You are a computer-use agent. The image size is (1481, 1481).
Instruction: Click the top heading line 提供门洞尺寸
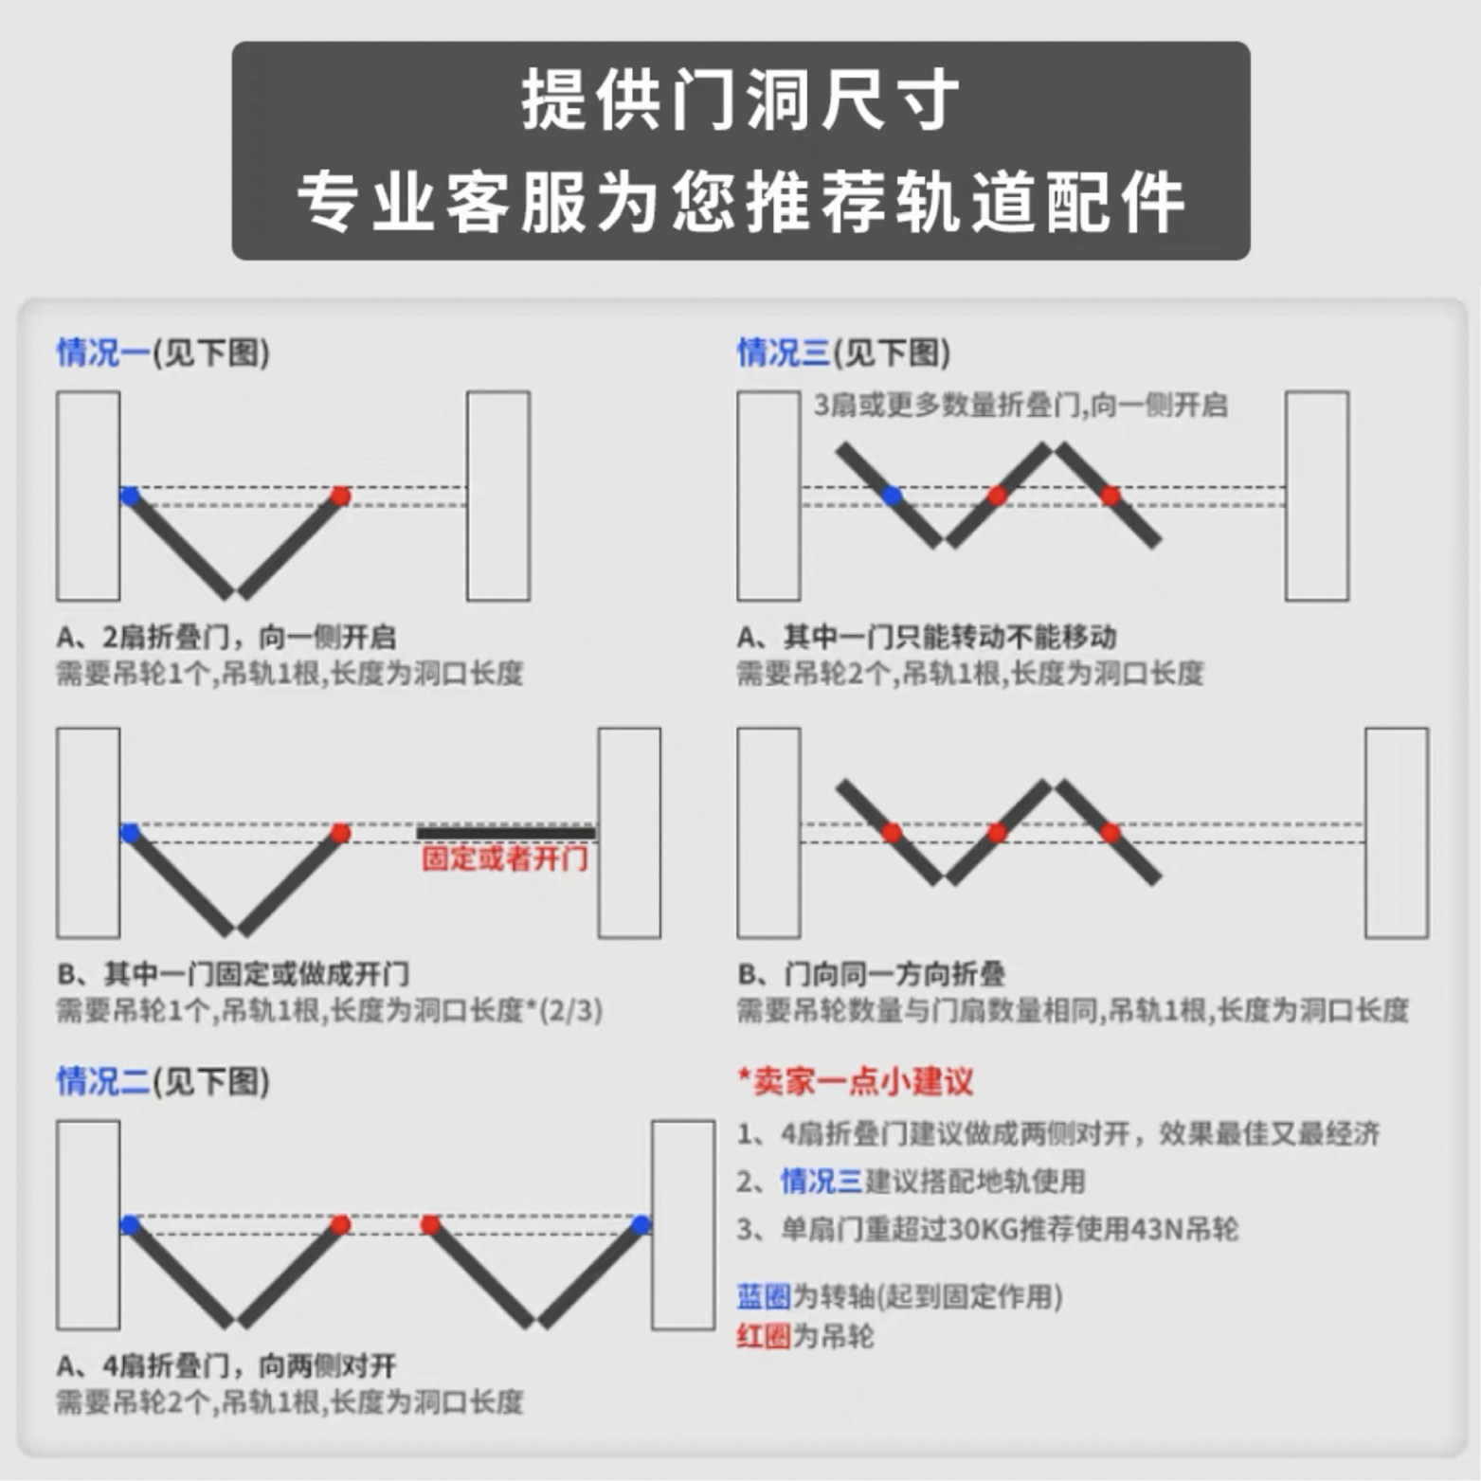click(740, 100)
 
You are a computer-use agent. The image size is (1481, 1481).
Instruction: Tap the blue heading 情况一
click(102, 352)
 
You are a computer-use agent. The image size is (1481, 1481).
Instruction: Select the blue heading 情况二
click(102, 1081)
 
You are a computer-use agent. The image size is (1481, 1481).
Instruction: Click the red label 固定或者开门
click(505, 859)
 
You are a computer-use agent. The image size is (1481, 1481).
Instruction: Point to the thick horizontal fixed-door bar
click(506, 833)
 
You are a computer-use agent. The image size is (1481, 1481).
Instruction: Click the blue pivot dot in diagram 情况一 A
click(131, 496)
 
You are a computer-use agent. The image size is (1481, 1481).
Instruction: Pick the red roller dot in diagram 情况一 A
click(340, 496)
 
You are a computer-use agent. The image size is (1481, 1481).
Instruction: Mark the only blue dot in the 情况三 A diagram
click(892, 496)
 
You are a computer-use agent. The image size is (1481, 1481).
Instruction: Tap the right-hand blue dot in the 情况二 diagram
click(641, 1225)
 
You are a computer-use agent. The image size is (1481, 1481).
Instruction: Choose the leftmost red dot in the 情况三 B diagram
click(892, 833)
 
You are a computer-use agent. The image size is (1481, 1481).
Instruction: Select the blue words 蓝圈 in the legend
click(763, 1296)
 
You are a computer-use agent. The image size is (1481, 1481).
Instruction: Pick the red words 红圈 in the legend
click(763, 1336)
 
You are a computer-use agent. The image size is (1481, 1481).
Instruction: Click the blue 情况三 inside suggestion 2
click(821, 1182)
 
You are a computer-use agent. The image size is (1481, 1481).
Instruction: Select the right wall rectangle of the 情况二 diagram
click(683, 1225)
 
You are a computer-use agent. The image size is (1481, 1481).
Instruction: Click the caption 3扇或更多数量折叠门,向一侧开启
click(1020, 406)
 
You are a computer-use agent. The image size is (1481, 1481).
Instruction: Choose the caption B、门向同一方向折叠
click(872, 974)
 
